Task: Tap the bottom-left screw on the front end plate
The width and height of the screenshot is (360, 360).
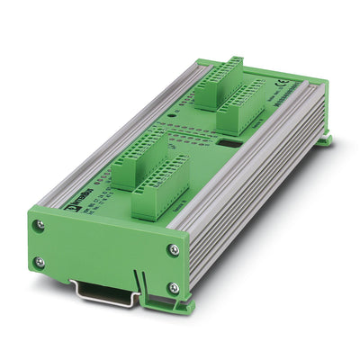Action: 38,262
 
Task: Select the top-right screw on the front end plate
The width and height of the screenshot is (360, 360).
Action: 174,249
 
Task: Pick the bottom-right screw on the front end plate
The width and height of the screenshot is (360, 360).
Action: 174,288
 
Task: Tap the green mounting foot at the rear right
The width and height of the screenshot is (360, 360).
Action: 323,139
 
